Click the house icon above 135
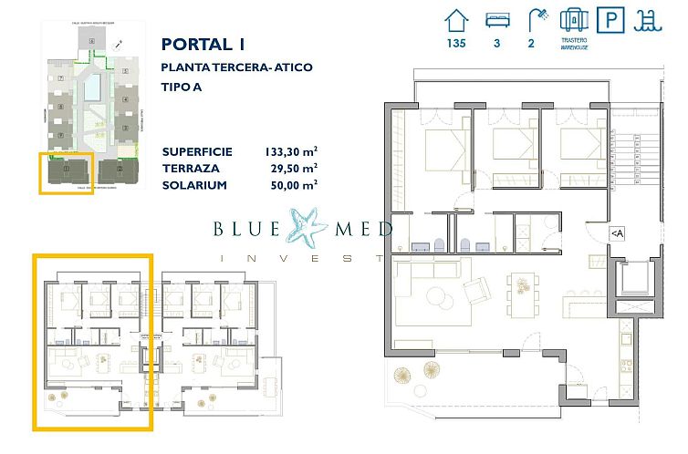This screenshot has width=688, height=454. point(457,20)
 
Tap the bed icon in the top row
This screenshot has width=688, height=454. point(498,20)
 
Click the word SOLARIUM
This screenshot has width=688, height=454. point(193,185)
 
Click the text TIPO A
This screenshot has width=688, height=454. point(182,87)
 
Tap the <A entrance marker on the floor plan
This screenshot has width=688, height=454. point(618,234)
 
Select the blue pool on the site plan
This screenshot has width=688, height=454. point(93,88)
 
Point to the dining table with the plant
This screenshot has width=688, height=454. point(524,291)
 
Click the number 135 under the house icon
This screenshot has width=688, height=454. point(456,43)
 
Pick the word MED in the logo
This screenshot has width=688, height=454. point(360,229)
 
